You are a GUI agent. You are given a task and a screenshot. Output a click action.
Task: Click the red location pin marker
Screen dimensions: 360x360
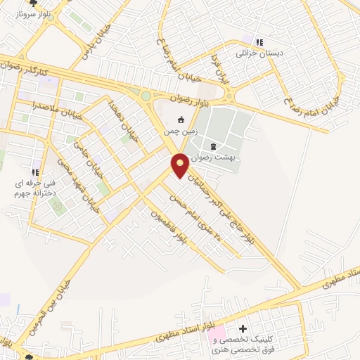tap(181, 165)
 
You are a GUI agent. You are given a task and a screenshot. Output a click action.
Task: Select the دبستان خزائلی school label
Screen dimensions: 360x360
tap(250, 53)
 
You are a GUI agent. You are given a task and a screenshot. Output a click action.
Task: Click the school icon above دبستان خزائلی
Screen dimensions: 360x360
tap(259, 42)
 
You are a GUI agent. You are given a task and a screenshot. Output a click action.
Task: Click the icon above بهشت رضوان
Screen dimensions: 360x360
tap(213, 146)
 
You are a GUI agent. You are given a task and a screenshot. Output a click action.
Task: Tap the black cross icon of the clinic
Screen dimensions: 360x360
tap(243, 328)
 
